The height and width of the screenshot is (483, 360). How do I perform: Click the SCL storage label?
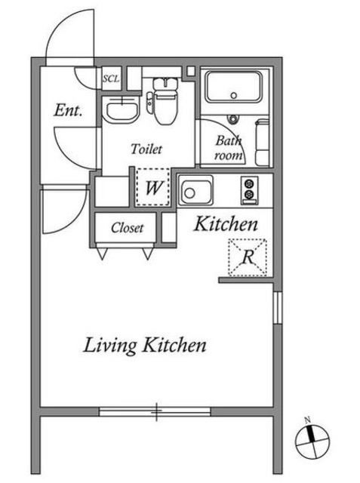click(111, 78)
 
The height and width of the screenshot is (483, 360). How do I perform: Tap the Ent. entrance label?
click(68, 110)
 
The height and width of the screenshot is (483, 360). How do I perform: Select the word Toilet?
click(146, 149)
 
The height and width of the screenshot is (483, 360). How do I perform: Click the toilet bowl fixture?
click(165, 101)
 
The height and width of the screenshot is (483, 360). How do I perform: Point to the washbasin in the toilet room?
click(122, 109)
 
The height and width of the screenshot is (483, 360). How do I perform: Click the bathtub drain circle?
click(234, 96)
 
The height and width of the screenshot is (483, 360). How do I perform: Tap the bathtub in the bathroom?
click(234, 87)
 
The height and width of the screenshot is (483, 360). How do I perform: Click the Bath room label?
click(229, 148)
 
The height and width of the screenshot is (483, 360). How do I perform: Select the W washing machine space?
click(153, 187)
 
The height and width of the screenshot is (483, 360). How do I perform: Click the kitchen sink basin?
click(196, 191)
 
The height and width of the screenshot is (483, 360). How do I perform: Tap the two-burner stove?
click(249, 190)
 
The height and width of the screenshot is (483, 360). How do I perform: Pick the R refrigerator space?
click(248, 257)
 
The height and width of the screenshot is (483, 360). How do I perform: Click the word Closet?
click(128, 228)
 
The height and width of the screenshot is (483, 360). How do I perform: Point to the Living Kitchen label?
click(145, 346)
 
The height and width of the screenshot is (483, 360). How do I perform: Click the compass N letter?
click(307, 420)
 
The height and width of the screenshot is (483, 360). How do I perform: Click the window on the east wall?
click(278, 308)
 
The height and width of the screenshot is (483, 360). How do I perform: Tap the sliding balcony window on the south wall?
click(155, 411)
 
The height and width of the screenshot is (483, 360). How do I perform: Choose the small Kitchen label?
click(226, 224)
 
